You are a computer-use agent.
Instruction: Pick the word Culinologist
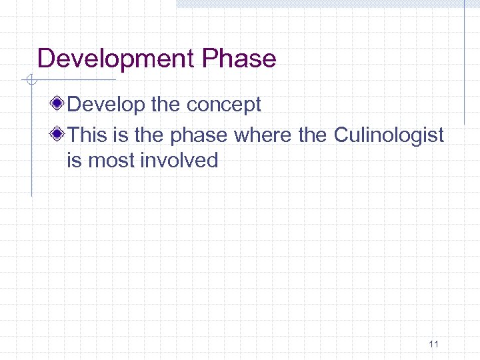389,135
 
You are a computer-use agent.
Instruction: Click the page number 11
433,344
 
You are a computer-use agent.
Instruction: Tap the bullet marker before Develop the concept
59,105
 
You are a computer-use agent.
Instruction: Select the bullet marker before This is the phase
59,135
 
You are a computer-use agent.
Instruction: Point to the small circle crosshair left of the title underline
31,81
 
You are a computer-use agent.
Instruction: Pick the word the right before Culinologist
312,135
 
